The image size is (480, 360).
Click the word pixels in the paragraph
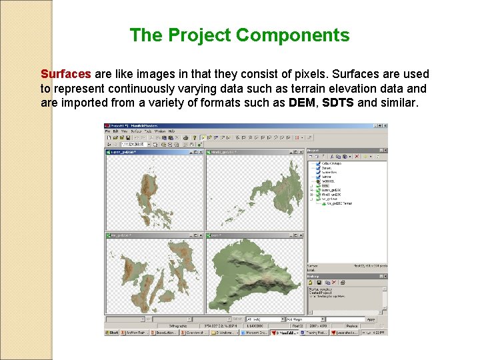[x=272, y=74]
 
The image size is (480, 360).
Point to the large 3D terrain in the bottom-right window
[x=253, y=273]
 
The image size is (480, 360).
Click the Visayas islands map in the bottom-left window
[x=153, y=273]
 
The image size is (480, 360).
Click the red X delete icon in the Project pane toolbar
[x=356, y=157]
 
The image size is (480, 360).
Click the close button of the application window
[x=384, y=126]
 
